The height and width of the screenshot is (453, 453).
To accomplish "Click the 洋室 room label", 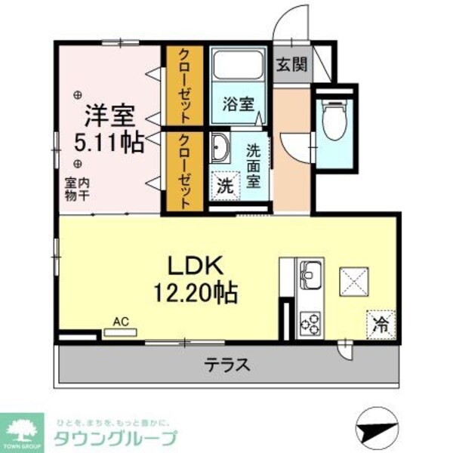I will pyautogui.click(x=109, y=117).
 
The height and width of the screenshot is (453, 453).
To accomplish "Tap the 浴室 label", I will pyautogui.click(x=238, y=105).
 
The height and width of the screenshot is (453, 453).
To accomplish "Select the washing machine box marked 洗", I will pyautogui.click(x=225, y=184).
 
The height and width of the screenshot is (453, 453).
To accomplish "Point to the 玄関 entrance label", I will pyautogui.click(x=291, y=65).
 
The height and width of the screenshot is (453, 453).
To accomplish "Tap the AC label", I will pyautogui.click(x=121, y=322).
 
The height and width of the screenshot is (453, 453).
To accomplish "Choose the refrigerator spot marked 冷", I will pyautogui.click(x=381, y=325).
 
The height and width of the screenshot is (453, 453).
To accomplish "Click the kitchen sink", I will pyautogui.click(x=311, y=271).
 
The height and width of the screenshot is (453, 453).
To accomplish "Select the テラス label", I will pyautogui.click(x=226, y=365).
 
